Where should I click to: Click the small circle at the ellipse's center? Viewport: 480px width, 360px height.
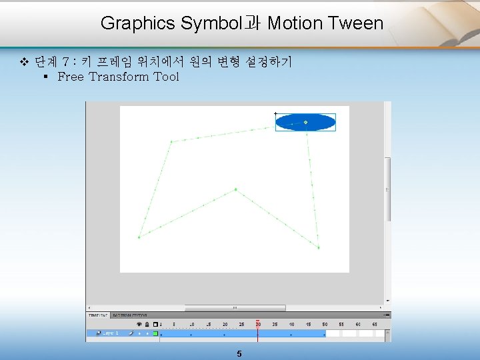(x=305, y=122)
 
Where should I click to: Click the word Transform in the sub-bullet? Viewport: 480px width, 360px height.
(x=119, y=77)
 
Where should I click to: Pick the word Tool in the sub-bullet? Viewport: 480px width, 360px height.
(x=167, y=77)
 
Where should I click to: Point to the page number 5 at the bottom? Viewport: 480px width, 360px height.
(x=239, y=354)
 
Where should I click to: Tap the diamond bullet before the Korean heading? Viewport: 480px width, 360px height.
(x=24, y=63)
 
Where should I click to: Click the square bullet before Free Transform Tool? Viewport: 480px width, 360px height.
(x=45, y=77)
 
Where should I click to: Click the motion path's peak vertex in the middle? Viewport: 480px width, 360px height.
(x=235, y=189)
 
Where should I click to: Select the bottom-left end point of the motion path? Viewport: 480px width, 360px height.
(x=139, y=237)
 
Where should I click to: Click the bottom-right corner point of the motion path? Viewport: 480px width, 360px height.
(x=319, y=248)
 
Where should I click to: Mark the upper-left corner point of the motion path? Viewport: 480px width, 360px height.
(x=171, y=141)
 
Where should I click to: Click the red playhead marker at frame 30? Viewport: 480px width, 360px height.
(x=258, y=322)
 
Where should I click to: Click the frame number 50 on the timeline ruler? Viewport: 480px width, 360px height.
(x=325, y=325)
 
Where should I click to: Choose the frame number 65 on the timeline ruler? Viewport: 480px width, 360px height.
(x=375, y=325)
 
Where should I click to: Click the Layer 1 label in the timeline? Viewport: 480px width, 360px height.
(x=110, y=333)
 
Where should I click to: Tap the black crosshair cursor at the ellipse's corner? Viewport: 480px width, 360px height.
(x=275, y=114)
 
